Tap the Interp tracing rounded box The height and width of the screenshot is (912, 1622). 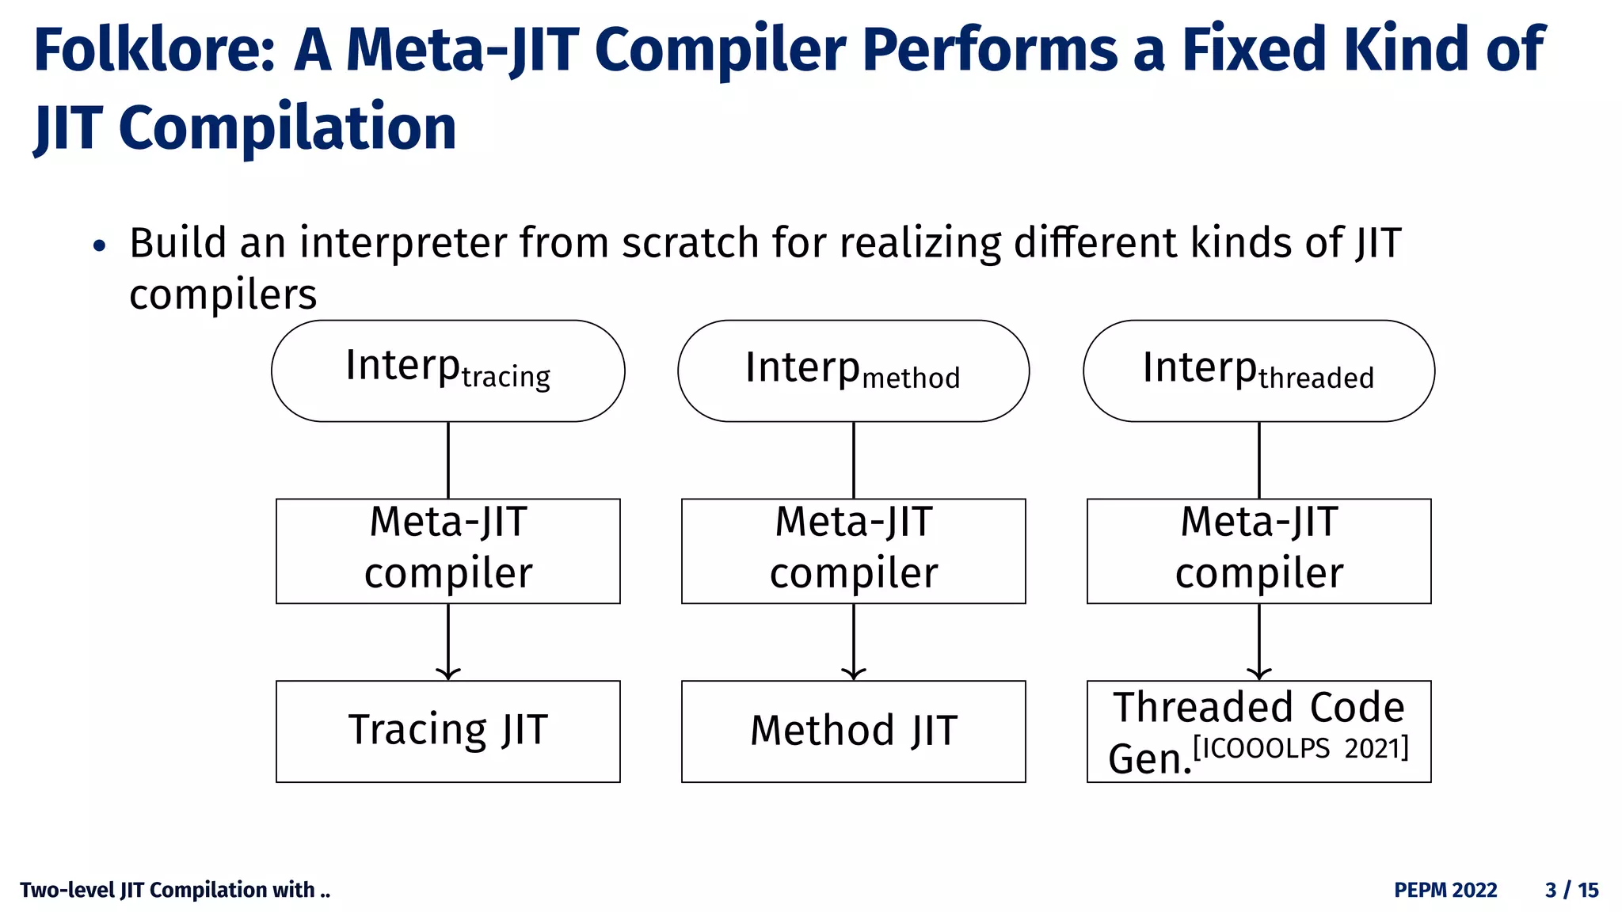point(447,370)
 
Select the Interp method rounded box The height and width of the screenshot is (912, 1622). point(853,370)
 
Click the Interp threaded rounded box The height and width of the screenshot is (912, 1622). point(1258,370)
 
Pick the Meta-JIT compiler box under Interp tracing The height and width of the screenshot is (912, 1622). point(447,550)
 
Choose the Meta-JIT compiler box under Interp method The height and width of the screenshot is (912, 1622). point(853,550)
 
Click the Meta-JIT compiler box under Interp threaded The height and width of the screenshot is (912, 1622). point(1258,550)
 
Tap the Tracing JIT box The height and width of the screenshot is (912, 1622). point(447,731)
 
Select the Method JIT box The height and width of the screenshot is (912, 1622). point(853,731)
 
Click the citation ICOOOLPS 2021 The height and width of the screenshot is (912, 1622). point(1300,748)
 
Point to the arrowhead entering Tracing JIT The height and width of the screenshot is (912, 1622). point(448,674)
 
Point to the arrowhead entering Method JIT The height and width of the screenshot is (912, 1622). point(853,674)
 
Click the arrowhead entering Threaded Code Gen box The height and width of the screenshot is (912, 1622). point(1259,674)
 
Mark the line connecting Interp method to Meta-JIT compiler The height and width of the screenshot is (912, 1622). point(853,460)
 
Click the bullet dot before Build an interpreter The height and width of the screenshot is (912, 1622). point(99,246)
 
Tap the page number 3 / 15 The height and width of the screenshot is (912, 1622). point(1571,890)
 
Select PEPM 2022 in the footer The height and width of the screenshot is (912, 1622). point(1445,890)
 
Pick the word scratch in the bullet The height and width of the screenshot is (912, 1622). point(690,243)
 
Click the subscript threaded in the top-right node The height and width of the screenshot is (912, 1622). point(1315,378)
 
